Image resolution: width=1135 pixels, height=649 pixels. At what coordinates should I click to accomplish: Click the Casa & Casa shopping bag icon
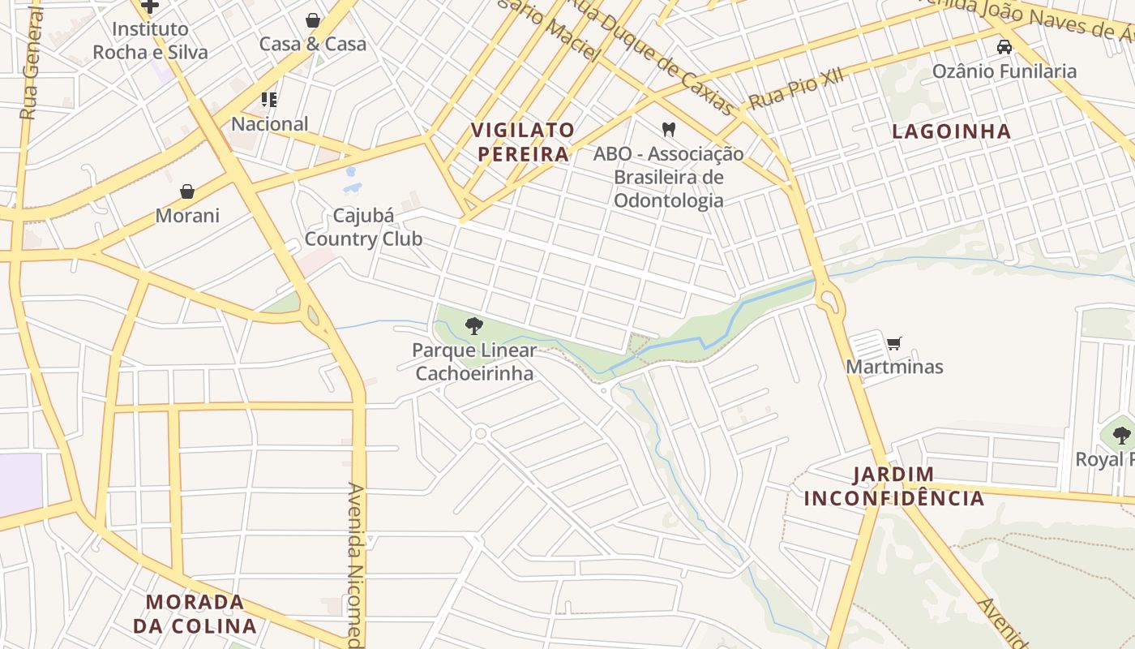coord(313,20)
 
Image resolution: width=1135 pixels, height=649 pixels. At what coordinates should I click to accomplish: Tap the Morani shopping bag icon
coord(187,191)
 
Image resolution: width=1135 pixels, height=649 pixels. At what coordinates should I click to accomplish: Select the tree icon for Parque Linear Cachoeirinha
coord(474,326)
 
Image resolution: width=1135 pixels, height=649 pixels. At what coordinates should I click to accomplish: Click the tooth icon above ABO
coord(669,129)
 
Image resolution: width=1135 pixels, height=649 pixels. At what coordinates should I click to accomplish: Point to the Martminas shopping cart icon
coord(894,343)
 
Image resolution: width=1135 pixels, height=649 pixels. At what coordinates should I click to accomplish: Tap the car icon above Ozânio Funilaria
coord(1004,47)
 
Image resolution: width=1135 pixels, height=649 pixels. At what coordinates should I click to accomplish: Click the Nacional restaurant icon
coord(269,100)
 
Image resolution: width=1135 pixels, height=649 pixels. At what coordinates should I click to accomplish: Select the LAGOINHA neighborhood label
coord(952,131)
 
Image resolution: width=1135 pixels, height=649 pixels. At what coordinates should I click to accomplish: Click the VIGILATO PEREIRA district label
coord(523,142)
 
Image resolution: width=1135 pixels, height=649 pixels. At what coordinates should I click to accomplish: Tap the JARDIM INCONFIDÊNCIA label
coord(894,486)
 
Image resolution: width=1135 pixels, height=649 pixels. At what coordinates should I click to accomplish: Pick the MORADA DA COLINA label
coord(195,613)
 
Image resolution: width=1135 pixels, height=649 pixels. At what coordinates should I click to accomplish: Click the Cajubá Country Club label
coord(363,227)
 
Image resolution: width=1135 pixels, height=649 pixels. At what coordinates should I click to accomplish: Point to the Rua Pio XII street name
coord(795,88)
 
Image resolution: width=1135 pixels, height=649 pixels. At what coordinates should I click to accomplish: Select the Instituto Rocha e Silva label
coord(150,41)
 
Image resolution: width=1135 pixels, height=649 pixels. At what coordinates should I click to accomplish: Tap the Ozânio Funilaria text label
coord(1004,71)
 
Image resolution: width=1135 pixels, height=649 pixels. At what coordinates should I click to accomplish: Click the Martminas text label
coord(894,367)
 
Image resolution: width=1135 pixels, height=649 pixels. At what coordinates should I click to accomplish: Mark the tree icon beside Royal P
coord(1121,436)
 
